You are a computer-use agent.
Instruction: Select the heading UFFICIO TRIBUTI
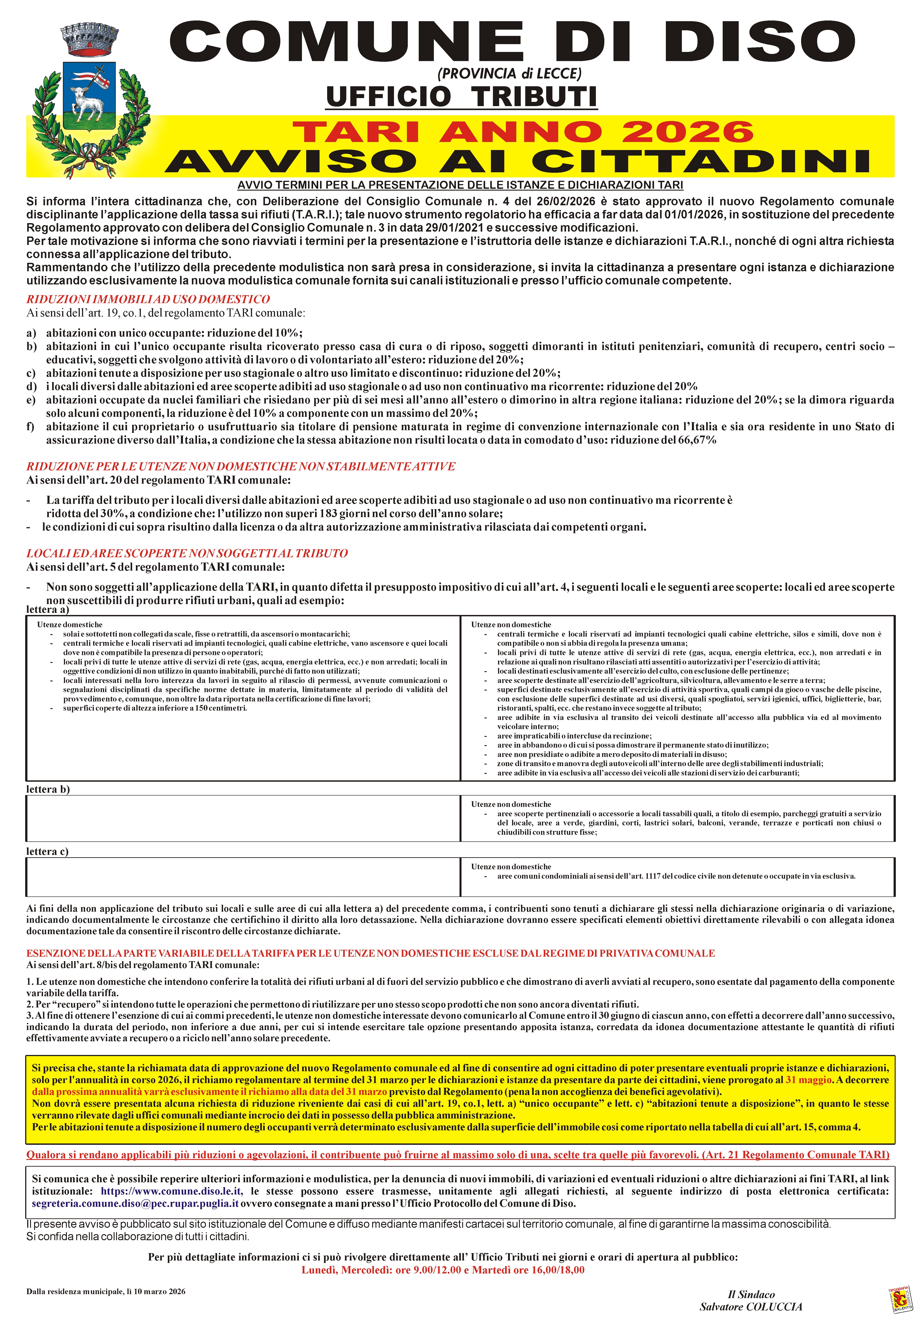click(461, 96)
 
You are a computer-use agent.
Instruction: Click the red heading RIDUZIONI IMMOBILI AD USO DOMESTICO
click(148, 299)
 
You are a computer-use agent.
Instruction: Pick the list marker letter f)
click(31, 427)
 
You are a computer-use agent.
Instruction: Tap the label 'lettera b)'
click(48, 789)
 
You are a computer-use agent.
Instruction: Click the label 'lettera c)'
click(47, 852)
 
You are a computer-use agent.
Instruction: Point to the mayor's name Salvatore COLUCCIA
click(750, 1307)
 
